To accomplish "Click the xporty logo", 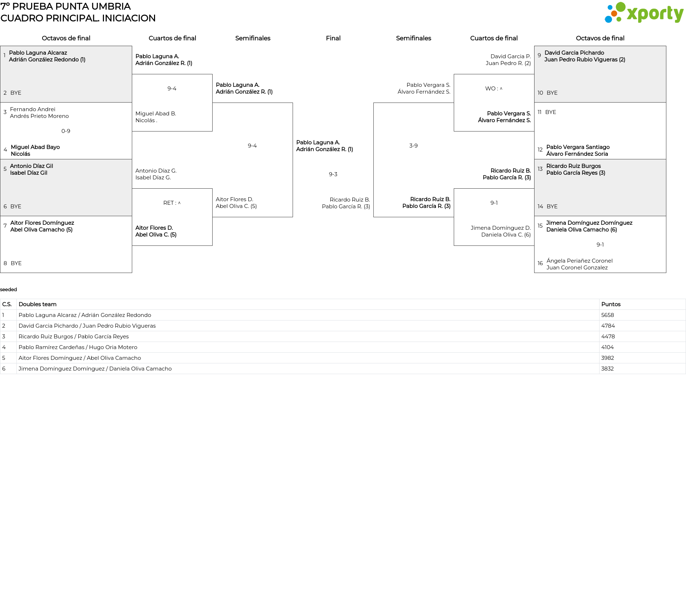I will pos(644,13).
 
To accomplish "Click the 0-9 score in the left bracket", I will pos(66,131).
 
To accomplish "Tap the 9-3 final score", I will pos(333,174).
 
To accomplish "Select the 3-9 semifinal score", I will pos(413,146).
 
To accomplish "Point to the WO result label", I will pos(493,89).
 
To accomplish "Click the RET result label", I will pos(171,203).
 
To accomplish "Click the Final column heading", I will pos(333,38).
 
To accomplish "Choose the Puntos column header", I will pos(611,304).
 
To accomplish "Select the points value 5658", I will pos(607,315).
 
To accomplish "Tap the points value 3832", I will pos(607,369).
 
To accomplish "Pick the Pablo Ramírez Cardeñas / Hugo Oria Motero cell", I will pos(78,347).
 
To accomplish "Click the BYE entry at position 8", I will pos(16,263).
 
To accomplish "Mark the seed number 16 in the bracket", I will pos(540,263).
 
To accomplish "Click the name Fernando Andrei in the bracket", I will pos(33,109).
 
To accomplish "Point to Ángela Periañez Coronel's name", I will pos(579,261).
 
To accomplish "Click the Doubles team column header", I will pos(38,304).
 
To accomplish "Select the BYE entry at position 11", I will pos(551,112).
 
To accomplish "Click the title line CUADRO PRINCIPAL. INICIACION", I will pos(78,18).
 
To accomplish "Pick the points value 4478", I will pos(607,337).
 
